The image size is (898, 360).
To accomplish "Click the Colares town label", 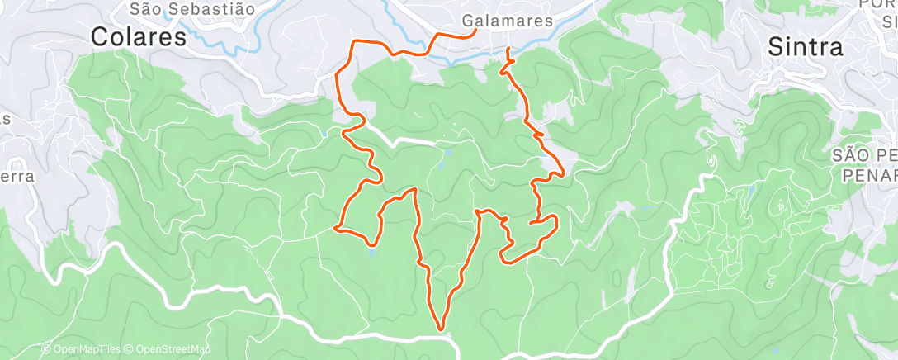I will click(138, 36).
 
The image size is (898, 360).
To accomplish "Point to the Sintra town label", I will click(806, 47).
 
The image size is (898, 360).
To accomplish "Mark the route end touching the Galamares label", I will click(476, 31).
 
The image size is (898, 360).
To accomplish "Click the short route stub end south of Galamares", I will click(508, 51).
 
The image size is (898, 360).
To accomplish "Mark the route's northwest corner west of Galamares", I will click(355, 41).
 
